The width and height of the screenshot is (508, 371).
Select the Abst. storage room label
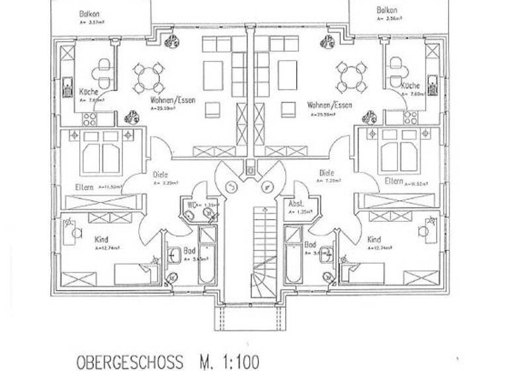tap(296, 204)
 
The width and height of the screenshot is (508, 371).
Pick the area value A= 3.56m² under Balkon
tap(387, 20)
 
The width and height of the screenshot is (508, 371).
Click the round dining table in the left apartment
tap(148, 78)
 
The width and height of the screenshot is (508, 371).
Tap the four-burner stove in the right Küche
tap(411, 118)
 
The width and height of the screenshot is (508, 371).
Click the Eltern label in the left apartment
tap(83, 187)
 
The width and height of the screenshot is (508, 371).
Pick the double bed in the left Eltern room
tap(103, 152)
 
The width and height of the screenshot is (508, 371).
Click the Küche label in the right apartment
tap(410, 86)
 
